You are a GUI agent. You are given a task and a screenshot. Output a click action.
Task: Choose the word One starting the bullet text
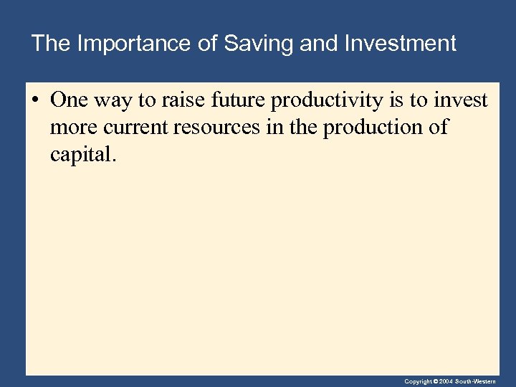click(70, 100)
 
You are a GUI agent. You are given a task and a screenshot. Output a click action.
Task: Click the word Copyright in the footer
click(417, 381)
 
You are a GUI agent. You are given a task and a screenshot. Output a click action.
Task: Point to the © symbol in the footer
click(435, 381)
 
